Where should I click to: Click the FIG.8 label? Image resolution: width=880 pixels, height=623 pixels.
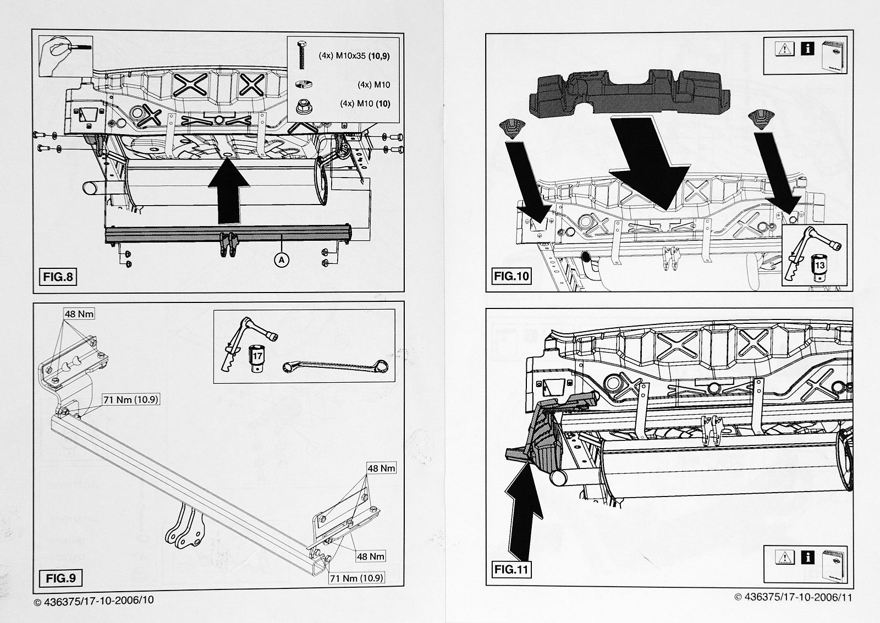click(58, 277)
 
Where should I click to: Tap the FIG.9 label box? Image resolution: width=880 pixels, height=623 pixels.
click(61, 578)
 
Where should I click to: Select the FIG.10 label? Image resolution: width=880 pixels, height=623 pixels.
click(512, 276)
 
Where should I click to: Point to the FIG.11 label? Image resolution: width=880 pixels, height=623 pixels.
click(512, 569)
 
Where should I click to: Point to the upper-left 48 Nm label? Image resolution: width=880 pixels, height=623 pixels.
click(79, 314)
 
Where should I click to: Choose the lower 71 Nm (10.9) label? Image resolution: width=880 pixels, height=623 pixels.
click(356, 578)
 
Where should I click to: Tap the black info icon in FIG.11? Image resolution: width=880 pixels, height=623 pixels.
click(807, 558)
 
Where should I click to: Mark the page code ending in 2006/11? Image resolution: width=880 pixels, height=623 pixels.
click(793, 598)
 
